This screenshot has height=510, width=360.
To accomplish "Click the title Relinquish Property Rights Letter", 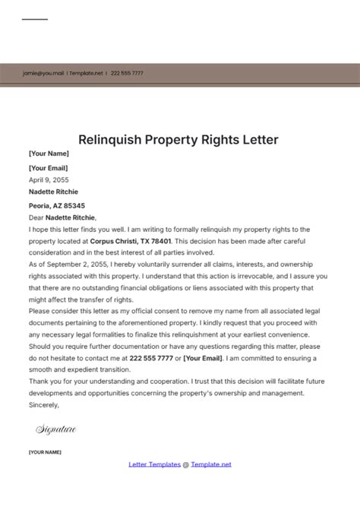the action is tap(179, 139).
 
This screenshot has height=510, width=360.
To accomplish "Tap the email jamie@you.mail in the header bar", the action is tap(43, 73).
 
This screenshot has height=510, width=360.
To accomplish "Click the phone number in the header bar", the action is tap(128, 73).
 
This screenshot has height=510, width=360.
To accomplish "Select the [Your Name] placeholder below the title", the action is tap(48, 154).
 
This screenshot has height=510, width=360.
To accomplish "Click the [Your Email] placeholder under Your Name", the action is tap(48, 168).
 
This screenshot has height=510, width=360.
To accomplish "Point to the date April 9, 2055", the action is tap(48, 180).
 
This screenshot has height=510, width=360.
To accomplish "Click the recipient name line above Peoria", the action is tap(53, 192).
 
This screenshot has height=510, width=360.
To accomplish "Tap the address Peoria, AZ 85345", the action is tap(57, 205).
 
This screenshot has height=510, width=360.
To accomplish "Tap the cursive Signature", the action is tap(56, 429).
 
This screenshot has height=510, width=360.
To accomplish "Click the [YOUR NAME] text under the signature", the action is tap(45, 452).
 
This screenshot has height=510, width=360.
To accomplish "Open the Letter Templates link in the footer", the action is tap(154, 464).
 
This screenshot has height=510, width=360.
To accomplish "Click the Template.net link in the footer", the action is tap(211, 464).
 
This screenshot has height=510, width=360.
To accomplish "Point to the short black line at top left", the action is tap(35, 20).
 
